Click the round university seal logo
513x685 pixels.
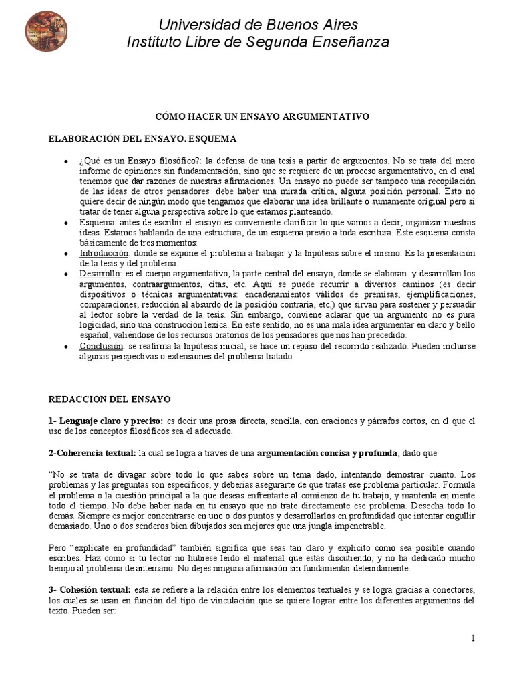[x=46, y=31]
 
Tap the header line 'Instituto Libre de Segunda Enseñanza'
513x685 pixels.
[x=258, y=42]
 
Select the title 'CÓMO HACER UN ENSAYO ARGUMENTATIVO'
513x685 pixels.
[x=263, y=116]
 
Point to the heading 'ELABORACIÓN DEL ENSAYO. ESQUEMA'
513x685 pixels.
[x=142, y=138]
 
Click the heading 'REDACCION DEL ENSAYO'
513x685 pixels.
[x=110, y=399]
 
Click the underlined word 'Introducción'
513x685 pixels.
[x=104, y=253]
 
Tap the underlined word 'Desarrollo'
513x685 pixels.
[x=100, y=274]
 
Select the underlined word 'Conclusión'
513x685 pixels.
[x=102, y=346]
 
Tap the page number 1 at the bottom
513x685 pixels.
[x=473, y=638]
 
